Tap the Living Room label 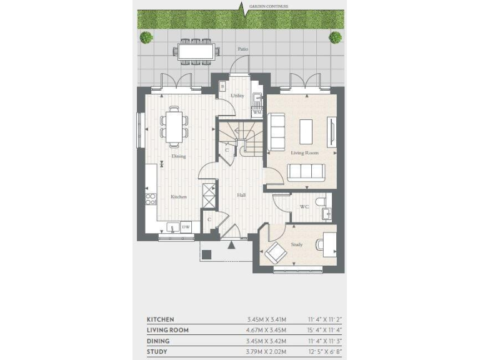click(x=304, y=152)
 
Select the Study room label click(x=296, y=244)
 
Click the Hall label click(x=241, y=196)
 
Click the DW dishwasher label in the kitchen click(x=186, y=227)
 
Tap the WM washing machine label click(x=257, y=112)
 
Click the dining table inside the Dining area click(x=174, y=124)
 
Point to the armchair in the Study click(x=276, y=253)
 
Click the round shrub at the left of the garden click(x=146, y=37)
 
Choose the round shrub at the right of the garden click(x=336, y=37)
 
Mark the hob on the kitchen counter click(x=151, y=199)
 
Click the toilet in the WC click(x=321, y=201)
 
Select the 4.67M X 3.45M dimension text click(x=266, y=330)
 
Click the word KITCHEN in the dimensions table click(x=161, y=319)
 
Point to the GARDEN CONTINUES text click(x=269, y=6)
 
